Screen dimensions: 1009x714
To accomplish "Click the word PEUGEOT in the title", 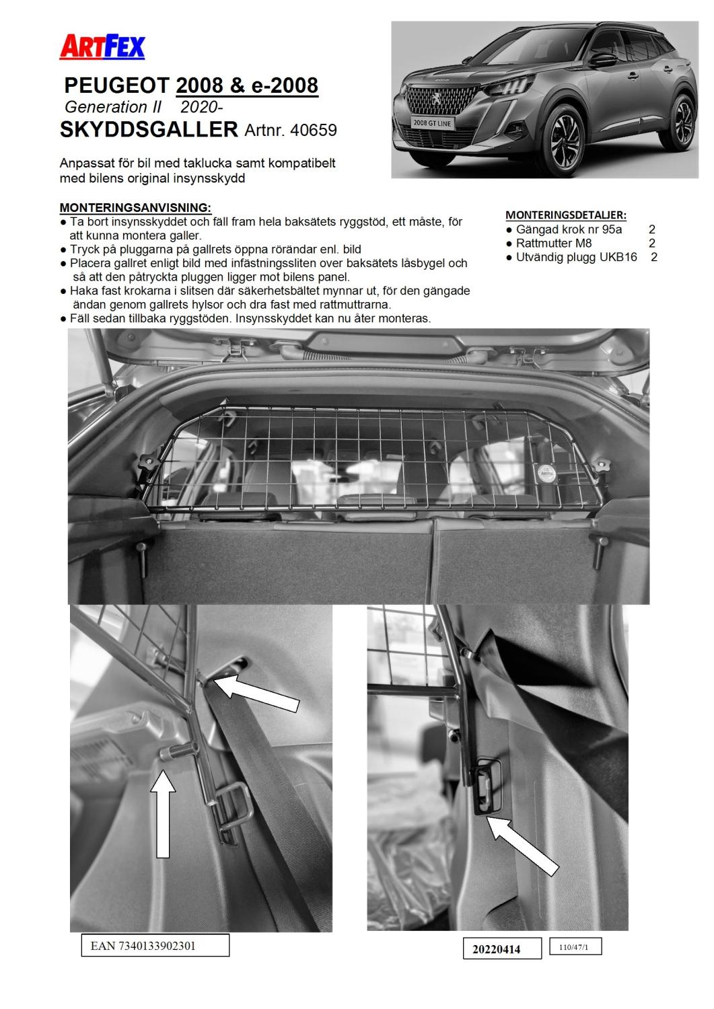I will [x=116, y=85].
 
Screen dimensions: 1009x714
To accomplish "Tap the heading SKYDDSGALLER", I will [x=149, y=129].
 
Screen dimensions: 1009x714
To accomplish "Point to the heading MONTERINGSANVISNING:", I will [x=135, y=207].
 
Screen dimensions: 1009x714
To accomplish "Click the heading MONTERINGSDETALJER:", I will [x=565, y=215].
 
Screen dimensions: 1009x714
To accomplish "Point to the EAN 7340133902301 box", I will [x=155, y=945].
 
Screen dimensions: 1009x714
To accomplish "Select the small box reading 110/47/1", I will [x=574, y=947].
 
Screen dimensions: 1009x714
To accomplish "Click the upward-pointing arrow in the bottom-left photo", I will [x=164, y=815].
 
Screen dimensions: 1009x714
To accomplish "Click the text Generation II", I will [x=106, y=108].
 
